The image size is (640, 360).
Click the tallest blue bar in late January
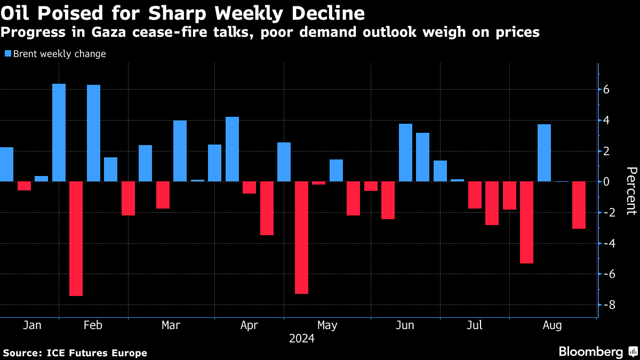click(59, 132)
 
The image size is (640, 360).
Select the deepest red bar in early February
click(76, 238)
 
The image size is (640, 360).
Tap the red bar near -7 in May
click(301, 237)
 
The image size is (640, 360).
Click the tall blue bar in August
click(544, 153)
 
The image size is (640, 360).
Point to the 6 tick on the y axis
click(606, 90)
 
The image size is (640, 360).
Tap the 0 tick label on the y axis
click(606, 181)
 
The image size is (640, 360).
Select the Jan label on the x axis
click(33, 325)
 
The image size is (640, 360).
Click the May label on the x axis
click(327, 325)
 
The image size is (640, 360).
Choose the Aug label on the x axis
click(553, 325)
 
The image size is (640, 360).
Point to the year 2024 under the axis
click(301, 339)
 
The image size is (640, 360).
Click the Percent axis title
click(631, 190)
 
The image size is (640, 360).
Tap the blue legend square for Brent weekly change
click(7, 54)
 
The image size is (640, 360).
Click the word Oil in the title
click(15, 13)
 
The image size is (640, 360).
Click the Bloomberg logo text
click(590, 351)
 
